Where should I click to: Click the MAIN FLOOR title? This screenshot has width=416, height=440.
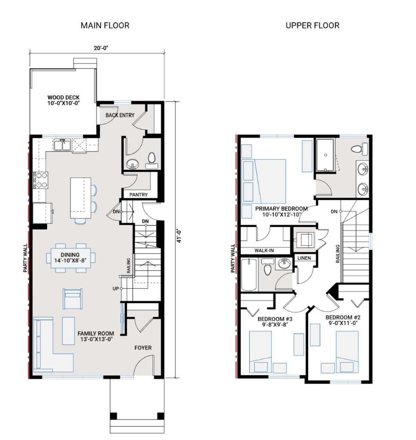105,25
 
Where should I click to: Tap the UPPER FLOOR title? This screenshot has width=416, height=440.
312,25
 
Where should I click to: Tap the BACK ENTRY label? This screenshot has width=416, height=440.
120,115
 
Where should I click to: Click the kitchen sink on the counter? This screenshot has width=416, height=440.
63,145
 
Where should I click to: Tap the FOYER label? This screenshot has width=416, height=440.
143,348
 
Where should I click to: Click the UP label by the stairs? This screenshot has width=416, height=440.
115,288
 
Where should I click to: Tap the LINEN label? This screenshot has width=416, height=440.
305,258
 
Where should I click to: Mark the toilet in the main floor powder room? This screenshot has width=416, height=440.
151,159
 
